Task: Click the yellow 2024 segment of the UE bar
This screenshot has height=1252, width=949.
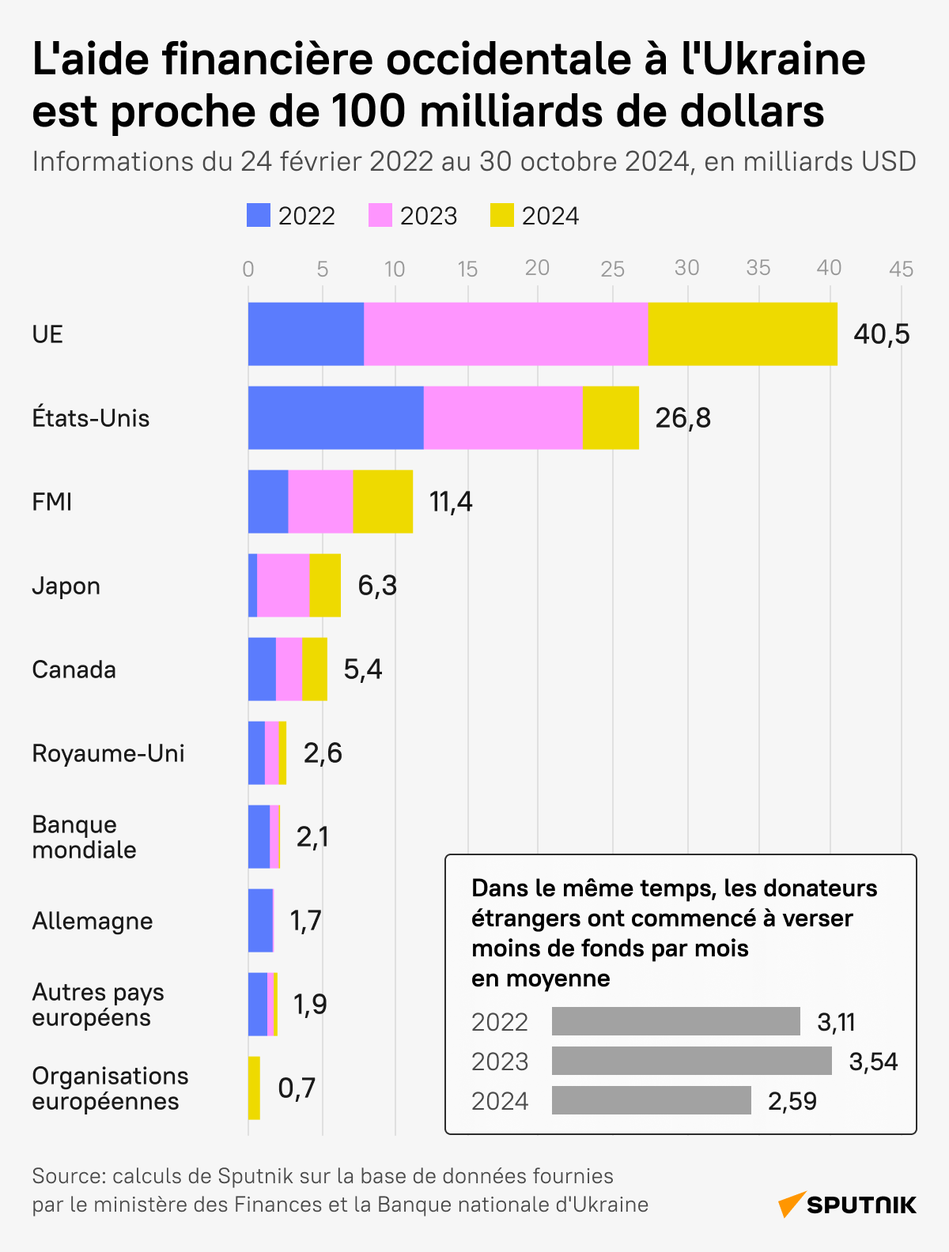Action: coord(742,334)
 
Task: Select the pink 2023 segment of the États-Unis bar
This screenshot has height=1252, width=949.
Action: coord(503,417)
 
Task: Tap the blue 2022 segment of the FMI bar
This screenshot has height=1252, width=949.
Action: coord(268,501)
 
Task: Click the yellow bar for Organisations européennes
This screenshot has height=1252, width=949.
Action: coord(254,1088)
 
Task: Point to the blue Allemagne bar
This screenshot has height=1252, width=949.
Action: coord(260,920)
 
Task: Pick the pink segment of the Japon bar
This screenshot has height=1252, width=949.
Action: coord(283,585)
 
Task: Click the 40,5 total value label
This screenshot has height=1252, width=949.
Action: coord(882,334)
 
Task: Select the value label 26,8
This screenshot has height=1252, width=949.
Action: coord(682,418)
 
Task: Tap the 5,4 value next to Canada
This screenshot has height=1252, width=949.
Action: coord(362,669)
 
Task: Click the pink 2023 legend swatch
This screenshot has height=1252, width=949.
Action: coord(380,216)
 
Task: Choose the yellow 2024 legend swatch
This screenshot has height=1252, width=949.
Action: coord(502,216)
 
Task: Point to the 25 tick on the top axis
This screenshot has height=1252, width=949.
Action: coord(612,269)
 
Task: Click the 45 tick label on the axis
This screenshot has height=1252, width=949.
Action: coord(901,269)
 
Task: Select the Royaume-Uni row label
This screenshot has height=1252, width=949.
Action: coord(108,753)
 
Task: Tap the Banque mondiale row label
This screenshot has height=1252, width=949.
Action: coord(84,837)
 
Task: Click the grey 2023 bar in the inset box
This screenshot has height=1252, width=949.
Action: coord(691,1061)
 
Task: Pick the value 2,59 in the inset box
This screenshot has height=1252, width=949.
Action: coord(792,1101)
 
